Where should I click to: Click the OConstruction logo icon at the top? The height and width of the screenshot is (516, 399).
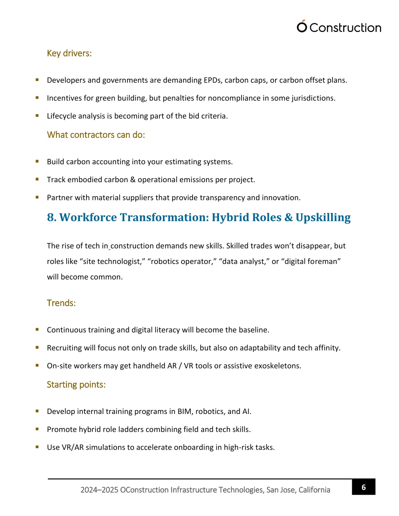(x=302, y=26)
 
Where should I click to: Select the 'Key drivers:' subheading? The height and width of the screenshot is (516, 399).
(x=69, y=53)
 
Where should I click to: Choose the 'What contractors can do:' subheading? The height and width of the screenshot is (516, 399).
(x=96, y=135)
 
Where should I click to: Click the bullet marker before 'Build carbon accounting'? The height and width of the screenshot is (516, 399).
(x=37, y=161)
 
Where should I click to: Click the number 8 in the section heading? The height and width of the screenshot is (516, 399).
(x=51, y=217)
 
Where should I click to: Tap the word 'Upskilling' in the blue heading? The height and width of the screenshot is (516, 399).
(x=323, y=217)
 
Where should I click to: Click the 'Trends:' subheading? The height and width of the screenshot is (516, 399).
(x=61, y=303)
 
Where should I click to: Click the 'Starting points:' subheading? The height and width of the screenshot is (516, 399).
(x=76, y=385)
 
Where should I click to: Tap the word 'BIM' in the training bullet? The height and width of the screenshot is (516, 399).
(x=184, y=411)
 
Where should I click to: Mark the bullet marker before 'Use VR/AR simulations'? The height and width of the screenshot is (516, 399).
(x=37, y=447)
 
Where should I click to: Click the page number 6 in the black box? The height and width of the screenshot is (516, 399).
(x=364, y=487)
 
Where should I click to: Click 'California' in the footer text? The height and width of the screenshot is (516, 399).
(x=314, y=490)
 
